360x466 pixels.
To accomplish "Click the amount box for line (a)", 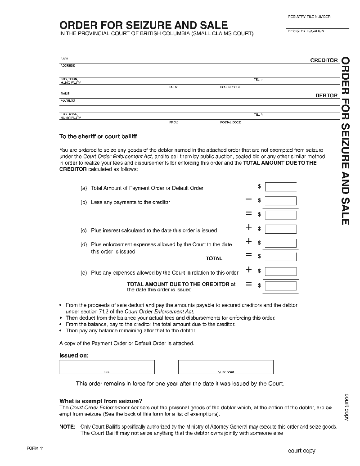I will coord(280,187).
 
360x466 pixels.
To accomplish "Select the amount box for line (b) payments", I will coord(280,201).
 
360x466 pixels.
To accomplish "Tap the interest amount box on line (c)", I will coord(280,229).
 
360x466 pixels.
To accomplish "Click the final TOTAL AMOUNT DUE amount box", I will coord(280,285).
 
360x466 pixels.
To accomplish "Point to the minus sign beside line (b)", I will coord(248,199).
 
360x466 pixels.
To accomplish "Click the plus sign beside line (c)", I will coord(248,228).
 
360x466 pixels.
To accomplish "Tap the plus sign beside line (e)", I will coord(248,270).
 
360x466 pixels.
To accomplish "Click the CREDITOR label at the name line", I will coord(324,60).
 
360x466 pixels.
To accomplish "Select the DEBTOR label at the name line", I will coord(326,96).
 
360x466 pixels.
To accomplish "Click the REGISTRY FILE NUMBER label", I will coord(309,17).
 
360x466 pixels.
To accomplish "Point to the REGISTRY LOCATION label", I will coord(306,31).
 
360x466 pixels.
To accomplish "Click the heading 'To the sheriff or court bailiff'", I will coord(98,136).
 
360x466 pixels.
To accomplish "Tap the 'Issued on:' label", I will coord(74,355).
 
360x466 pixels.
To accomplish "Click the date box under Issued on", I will coord(107,367).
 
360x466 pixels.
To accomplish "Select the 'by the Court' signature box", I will coord(225,367).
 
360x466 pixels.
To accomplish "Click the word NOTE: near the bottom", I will coord(67,426).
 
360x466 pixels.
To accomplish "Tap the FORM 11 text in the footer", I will coord(35,449).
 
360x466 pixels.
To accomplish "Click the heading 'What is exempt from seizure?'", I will coord(101,401).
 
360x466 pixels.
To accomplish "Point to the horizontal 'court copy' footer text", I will coord(301,451).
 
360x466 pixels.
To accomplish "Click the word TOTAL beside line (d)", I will coord(214,258).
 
